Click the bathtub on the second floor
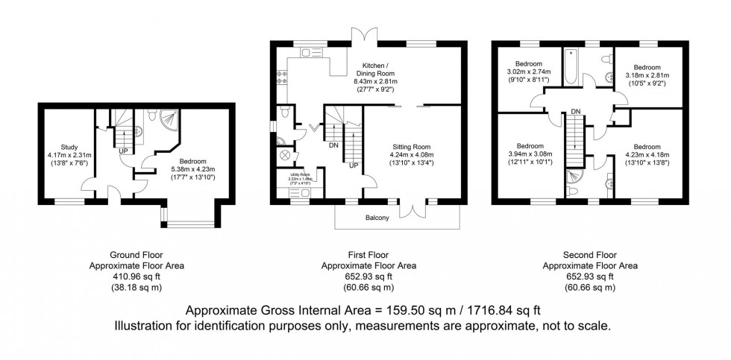[571, 63]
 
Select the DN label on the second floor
[575, 111]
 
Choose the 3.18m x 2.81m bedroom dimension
[647, 75]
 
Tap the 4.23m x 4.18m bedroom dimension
[647, 154]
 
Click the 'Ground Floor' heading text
[137, 255]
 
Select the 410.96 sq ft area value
[137, 276]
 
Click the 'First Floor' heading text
[368, 255]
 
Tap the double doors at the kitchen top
[363, 37]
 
